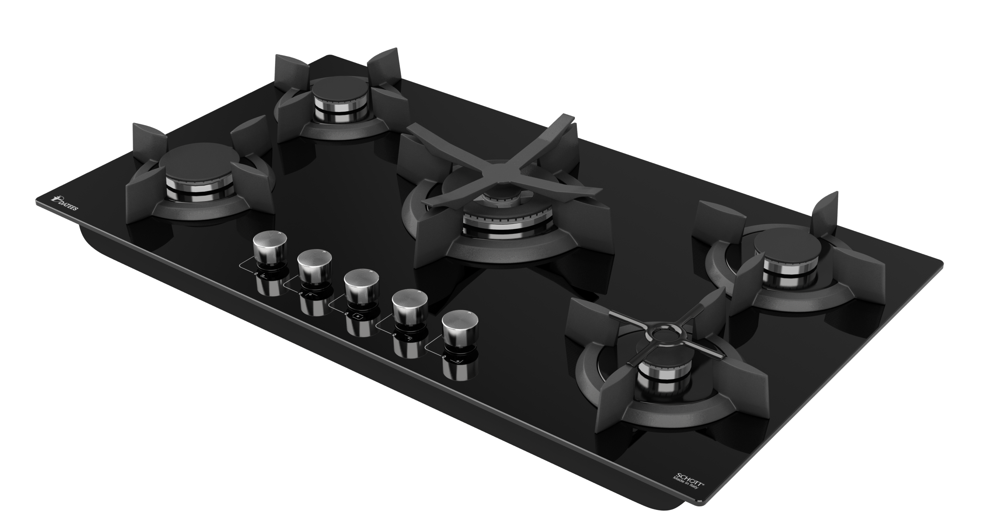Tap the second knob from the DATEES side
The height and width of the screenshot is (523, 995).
(314, 267)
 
